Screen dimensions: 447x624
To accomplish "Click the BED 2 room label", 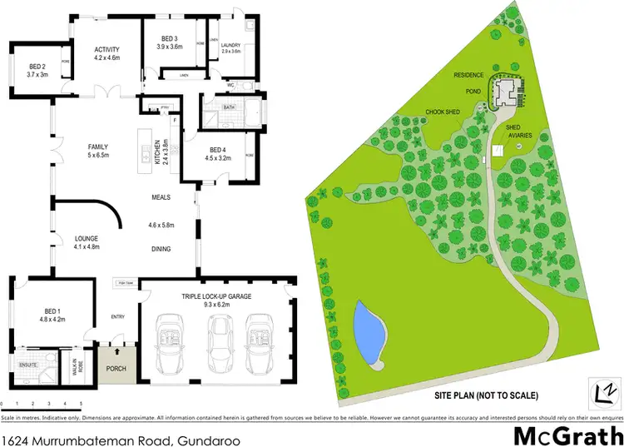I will click(37, 67).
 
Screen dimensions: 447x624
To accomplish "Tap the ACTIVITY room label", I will click(107, 49).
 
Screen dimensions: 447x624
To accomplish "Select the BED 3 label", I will click(170, 39).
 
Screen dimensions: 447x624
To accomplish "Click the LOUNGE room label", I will click(87, 236).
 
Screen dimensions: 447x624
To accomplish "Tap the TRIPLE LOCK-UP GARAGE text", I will click(215, 296).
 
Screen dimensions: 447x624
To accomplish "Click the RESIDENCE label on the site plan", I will click(468, 75).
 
